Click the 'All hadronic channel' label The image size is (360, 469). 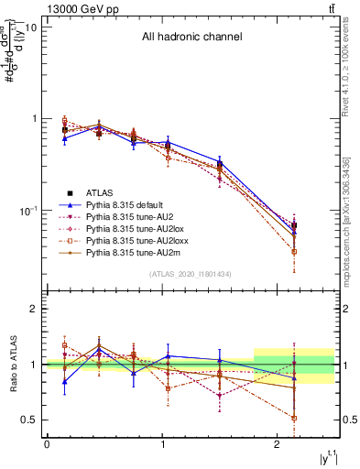coord(191,38)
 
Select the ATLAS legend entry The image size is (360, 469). coord(101,192)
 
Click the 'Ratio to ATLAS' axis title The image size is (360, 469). coord(12,365)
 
